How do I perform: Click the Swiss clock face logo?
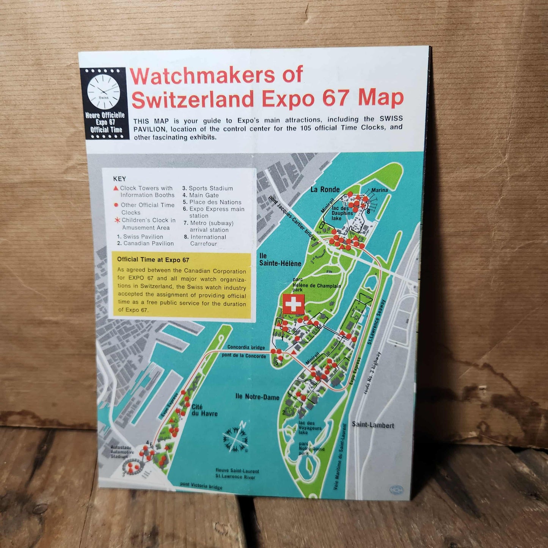pos(104,93)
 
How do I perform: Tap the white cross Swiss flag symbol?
pos(294,304)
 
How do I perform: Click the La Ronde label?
pos(325,190)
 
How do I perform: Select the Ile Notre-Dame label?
pos(257,397)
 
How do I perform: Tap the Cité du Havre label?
pos(204,410)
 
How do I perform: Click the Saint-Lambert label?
pos(373,425)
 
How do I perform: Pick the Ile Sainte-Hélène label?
pos(280,260)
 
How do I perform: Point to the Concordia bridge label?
pos(246,347)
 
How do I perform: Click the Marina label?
pos(379,190)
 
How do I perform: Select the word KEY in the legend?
pos(119,179)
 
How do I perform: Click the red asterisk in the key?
pos(117,220)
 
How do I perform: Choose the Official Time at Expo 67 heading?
pos(153,260)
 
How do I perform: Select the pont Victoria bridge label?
pos(201,486)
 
